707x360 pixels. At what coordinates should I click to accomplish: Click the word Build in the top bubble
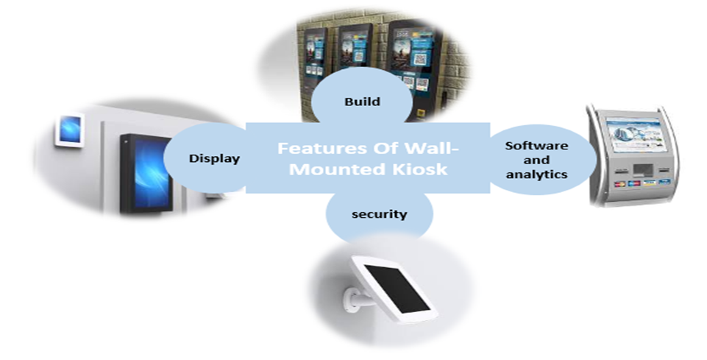pos(363,102)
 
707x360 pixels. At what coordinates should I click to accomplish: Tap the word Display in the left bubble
pos(214,158)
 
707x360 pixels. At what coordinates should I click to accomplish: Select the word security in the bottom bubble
pos(379,213)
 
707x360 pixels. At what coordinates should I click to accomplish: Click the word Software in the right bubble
pos(536,145)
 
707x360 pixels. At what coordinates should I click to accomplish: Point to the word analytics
pos(536,174)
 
